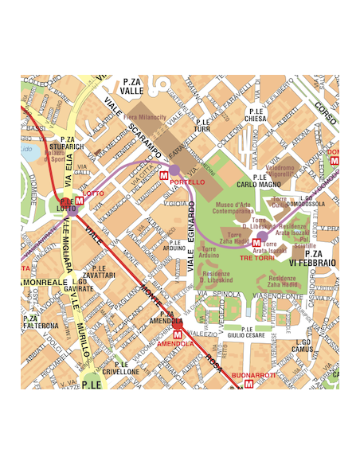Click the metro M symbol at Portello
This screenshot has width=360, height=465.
(x=164, y=174)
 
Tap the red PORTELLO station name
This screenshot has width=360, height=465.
(x=187, y=182)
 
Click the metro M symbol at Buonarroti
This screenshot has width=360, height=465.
(x=249, y=383)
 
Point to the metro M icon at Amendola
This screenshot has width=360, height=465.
(x=177, y=333)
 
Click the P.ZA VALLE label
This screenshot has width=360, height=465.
(x=132, y=87)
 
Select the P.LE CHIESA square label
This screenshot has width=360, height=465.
(x=256, y=115)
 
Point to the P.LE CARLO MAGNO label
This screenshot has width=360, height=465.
(x=259, y=181)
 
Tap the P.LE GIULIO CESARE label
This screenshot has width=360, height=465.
(x=245, y=332)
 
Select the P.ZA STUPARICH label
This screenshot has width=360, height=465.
(x=65, y=143)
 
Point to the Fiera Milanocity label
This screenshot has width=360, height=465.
(x=145, y=117)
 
